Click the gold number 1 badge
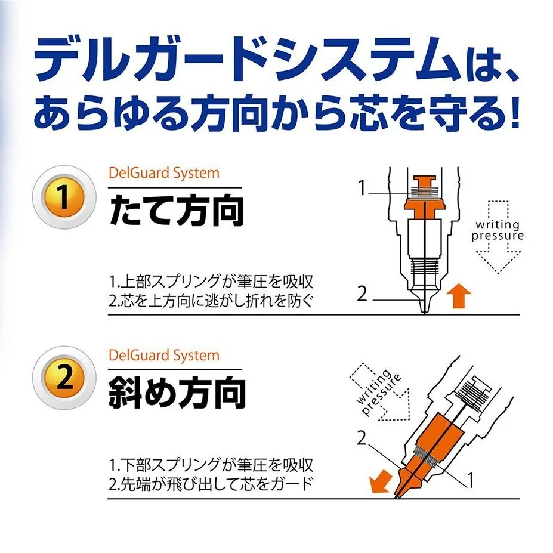tap(64, 197)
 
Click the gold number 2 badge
tap(64, 378)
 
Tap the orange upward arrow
tap(459, 295)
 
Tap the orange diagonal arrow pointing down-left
tap(380, 481)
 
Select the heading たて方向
tap(177, 210)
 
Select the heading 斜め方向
tap(177, 392)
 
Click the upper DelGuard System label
tap(164, 173)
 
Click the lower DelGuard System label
tap(164, 355)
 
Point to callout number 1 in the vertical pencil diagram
tap(362, 187)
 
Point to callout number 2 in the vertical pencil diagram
tap(362, 294)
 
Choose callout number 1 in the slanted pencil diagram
tap(470, 480)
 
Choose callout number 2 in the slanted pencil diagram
tap(362, 438)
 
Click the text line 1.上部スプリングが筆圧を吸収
tap(211, 282)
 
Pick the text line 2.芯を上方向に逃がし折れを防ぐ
tap(211, 301)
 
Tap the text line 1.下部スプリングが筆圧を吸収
tap(211, 465)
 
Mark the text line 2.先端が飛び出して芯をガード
tap(211, 484)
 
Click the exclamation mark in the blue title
tap(515, 112)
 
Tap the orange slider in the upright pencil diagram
tap(424, 197)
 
